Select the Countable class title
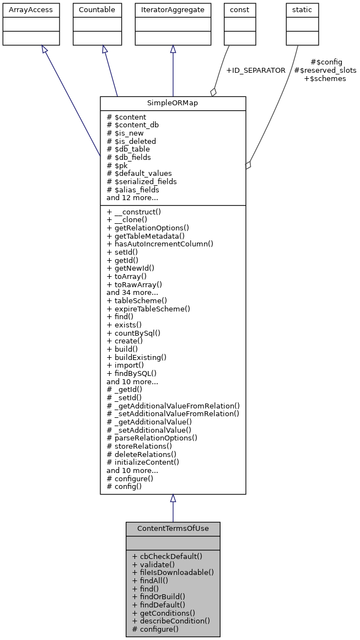click(98, 10)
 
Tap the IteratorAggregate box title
click(173, 10)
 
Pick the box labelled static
click(302, 10)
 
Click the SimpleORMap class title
click(173, 103)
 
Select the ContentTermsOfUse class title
click(173, 528)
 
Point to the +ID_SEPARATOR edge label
click(255, 71)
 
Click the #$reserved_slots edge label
click(325, 71)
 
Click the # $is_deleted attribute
click(131, 141)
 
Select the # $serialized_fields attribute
click(142, 181)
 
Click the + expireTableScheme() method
click(148, 309)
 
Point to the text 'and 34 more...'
click(132, 293)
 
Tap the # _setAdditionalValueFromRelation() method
click(173, 413)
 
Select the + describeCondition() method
click(171, 621)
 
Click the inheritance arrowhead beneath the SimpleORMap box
click(173, 498)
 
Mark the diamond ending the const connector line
click(214, 92)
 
